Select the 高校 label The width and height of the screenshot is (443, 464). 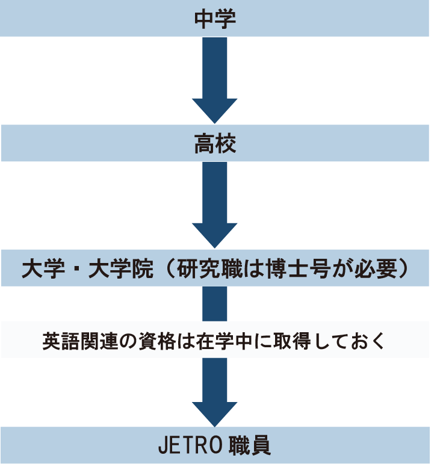click(215, 144)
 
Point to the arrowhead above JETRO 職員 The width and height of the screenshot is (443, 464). click(215, 412)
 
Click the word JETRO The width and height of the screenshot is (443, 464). click(190, 446)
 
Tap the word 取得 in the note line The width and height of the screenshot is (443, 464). click(278, 341)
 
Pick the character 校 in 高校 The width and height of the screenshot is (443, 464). click(226, 144)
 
